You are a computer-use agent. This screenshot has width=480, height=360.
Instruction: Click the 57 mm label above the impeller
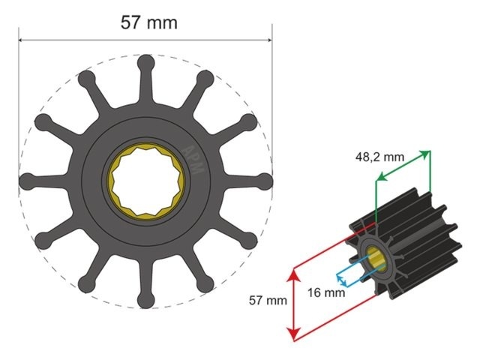pos(149,22)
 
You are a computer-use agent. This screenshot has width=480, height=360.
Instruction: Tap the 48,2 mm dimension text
pos(379,157)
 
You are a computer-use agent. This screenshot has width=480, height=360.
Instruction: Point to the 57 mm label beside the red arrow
pos(268,300)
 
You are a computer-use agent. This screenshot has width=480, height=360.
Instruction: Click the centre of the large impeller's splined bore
pos(145,180)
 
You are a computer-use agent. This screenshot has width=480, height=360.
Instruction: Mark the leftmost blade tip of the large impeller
pos(25,180)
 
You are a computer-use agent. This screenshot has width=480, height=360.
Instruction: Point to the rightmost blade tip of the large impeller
pos(265,180)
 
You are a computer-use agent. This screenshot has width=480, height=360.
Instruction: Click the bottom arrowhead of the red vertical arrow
pos(294,335)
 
